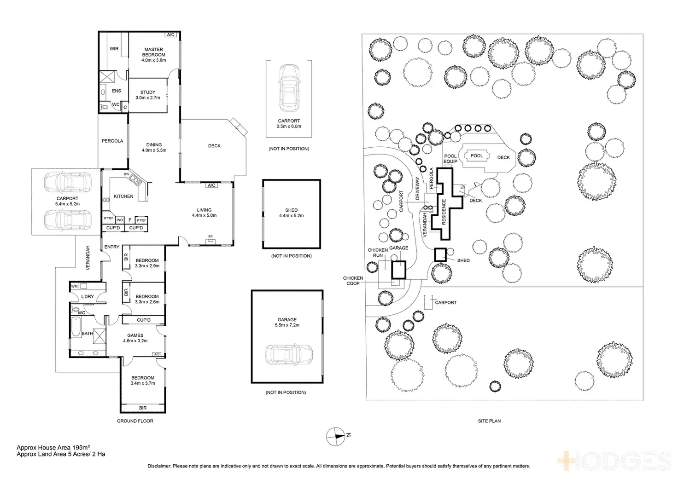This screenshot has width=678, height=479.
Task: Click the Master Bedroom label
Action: tap(154, 52)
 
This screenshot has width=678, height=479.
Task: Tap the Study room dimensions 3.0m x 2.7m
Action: tap(148, 98)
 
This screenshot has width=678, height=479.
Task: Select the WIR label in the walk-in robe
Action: tap(114, 49)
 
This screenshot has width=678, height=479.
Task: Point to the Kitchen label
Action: tap(123, 196)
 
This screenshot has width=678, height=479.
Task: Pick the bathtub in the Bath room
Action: tap(76, 327)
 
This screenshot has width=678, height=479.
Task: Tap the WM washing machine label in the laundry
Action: tap(75, 286)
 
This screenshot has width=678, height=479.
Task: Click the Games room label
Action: tap(135, 335)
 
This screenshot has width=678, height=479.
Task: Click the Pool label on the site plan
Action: tap(477, 156)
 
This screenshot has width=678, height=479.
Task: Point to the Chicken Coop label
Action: tap(353, 281)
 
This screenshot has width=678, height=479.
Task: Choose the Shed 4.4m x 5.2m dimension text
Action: tap(291, 216)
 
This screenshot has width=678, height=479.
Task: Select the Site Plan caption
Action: tap(490, 421)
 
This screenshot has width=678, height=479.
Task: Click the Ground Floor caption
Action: tap(135, 421)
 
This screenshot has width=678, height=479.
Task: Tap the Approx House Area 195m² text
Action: tap(53, 448)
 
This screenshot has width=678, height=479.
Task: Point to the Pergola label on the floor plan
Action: tap(112, 141)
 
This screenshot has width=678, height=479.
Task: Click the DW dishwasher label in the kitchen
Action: tap(127, 174)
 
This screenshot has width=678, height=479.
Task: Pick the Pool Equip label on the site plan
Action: tap(450, 159)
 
